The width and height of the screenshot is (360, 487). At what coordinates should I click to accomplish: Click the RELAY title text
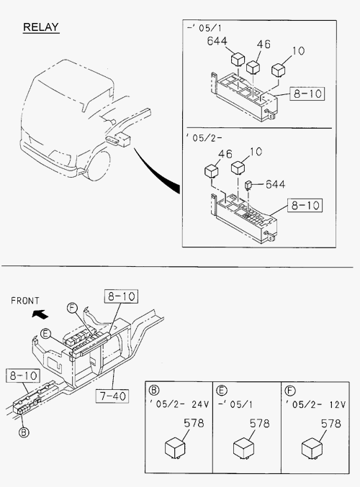click(41, 27)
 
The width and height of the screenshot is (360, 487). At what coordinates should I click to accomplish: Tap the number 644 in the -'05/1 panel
click(217, 41)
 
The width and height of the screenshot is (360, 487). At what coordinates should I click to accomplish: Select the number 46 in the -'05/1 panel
click(264, 44)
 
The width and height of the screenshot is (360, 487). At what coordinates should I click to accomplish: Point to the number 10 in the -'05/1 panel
click(299, 50)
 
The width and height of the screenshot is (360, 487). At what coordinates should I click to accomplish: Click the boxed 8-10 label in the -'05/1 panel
click(307, 94)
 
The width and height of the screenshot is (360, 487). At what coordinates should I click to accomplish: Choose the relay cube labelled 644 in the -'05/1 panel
click(238, 60)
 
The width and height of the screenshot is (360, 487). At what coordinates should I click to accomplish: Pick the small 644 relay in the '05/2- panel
click(248, 185)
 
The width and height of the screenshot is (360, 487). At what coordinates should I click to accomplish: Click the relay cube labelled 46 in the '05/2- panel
click(212, 171)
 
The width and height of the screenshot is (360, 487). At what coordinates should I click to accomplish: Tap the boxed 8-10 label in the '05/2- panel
click(305, 205)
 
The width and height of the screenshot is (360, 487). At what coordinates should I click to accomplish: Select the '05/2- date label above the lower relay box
click(204, 137)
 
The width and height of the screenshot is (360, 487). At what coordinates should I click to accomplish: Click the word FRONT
click(25, 301)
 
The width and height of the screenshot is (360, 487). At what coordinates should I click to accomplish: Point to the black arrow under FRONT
click(40, 314)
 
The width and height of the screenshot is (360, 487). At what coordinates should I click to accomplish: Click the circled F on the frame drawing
click(72, 308)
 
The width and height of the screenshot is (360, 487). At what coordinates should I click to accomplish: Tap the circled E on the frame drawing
click(45, 334)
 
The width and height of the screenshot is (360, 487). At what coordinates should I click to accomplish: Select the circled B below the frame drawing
click(24, 432)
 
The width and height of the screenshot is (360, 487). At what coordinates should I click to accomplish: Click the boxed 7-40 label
click(112, 396)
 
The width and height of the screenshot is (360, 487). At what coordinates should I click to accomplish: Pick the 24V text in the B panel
click(200, 404)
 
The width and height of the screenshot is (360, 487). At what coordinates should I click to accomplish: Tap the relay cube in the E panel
click(243, 448)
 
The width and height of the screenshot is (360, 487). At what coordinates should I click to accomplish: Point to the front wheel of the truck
click(99, 165)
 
